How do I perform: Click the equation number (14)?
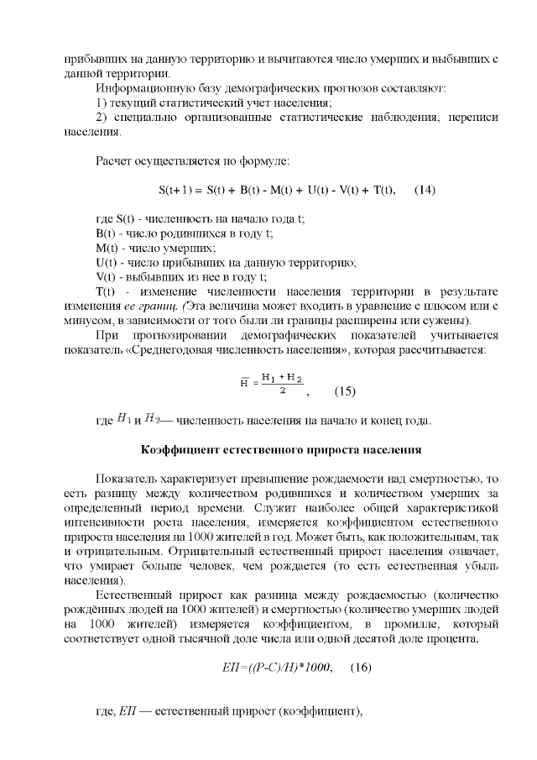(425, 191)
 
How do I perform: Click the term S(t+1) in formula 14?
(177, 191)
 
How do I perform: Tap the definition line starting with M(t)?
(156, 248)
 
